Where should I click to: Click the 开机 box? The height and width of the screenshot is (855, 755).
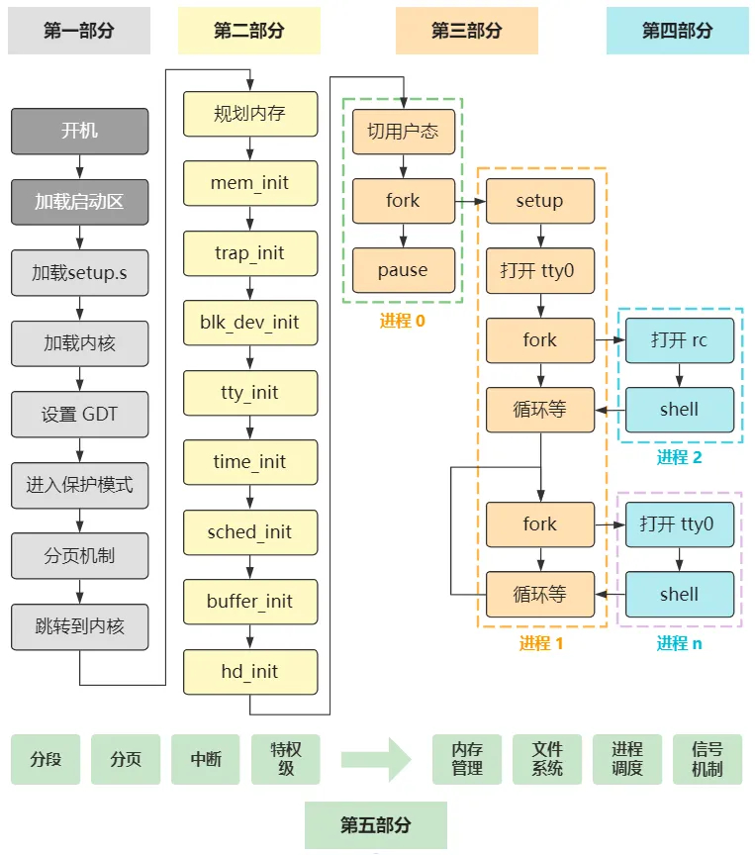click(79, 131)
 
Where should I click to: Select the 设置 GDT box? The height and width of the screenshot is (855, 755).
click(79, 415)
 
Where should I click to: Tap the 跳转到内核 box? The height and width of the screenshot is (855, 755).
click(79, 625)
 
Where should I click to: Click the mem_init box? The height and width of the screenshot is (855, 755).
click(250, 183)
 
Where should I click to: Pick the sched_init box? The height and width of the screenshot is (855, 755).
click(250, 532)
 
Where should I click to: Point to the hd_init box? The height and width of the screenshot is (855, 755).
click(250, 672)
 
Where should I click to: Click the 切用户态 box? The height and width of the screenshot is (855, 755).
click(403, 132)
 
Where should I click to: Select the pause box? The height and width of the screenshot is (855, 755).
click(403, 270)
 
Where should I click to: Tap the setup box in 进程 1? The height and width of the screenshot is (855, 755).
click(539, 201)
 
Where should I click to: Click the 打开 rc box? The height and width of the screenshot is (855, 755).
click(679, 340)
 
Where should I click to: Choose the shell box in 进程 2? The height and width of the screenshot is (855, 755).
click(679, 410)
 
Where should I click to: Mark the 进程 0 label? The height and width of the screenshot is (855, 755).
click(402, 321)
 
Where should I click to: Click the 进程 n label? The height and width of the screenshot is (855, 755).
click(679, 643)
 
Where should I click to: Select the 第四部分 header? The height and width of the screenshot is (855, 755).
click(677, 31)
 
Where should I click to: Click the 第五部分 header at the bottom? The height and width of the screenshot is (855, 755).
click(376, 825)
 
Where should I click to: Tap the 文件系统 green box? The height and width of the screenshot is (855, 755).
click(547, 759)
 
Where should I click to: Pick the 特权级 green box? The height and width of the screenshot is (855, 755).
click(286, 759)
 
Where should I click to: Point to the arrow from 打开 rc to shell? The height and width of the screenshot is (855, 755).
click(679, 375)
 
